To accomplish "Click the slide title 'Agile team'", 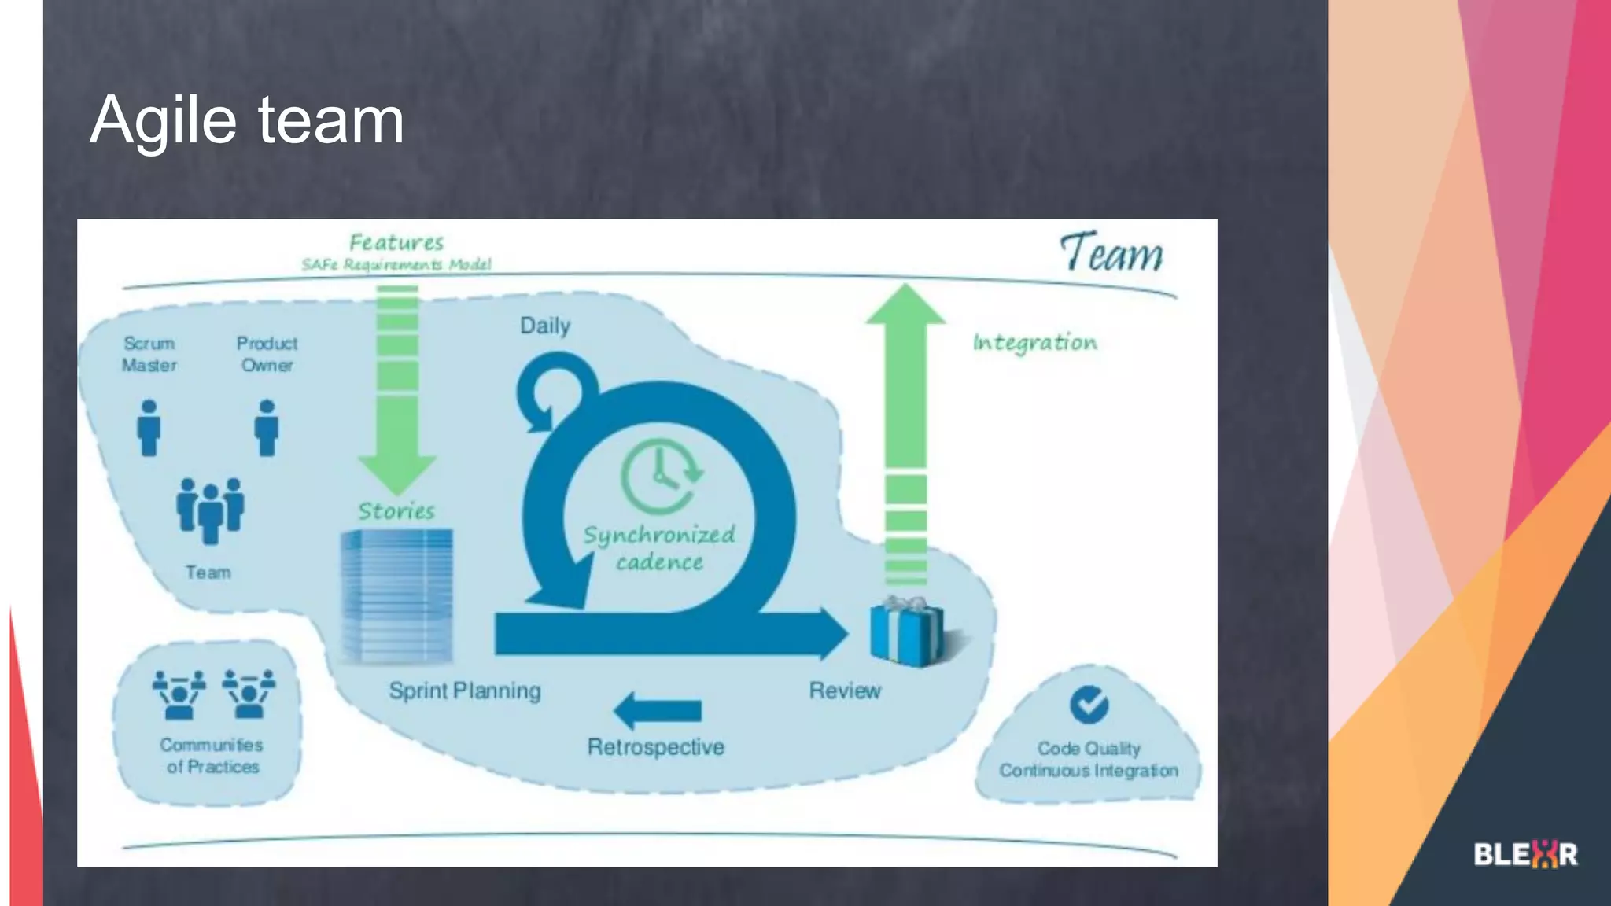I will click(x=247, y=120).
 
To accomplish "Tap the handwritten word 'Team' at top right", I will click(x=1111, y=253).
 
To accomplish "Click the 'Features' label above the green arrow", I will click(x=396, y=242).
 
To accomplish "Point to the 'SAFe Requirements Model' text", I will click(x=396, y=264).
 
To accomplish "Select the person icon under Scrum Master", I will click(x=149, y=428).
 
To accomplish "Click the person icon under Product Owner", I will click(x=267, y=428).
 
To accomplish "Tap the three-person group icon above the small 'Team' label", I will click(x=210, y=510).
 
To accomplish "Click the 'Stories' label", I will click(x=396, y=511).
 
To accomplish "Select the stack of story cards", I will click(x=396, y=596).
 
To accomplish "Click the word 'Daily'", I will click(x=545, y=326).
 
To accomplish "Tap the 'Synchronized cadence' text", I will click(x=659, y=548).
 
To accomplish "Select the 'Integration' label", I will click(x=1034, y=343).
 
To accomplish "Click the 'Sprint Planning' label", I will click(x=465, y=691).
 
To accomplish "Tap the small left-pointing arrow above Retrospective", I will click(x=658, y=711).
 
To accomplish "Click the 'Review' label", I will click(x=845, y=691).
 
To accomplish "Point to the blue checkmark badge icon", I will click(x=1089, y=705).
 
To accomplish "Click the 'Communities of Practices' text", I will click(x=212, y=756).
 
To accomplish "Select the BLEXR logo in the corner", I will click(x=1525, y=854).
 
